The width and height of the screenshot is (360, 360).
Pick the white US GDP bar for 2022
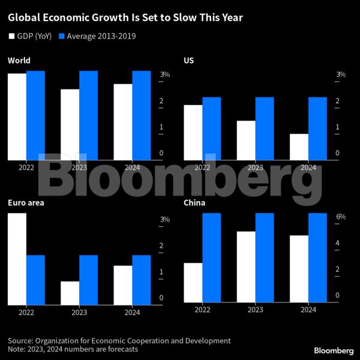click(193, 133)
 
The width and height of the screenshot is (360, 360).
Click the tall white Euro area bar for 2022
click(17, 259)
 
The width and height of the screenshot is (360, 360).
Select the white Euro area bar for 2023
click(70, 293)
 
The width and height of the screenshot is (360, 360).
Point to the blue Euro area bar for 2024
click(142, 280)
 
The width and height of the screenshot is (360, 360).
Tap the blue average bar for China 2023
click(265, 257)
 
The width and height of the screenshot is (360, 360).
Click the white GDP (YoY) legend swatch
click(11, 36)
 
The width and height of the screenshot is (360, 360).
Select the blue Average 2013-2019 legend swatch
click(62, 36)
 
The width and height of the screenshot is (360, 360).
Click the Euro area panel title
click(26, 203)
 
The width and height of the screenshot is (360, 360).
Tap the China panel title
click(194, 203)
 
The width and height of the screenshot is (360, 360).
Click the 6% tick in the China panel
click(340, 217)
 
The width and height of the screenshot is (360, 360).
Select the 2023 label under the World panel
click(79, 168)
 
